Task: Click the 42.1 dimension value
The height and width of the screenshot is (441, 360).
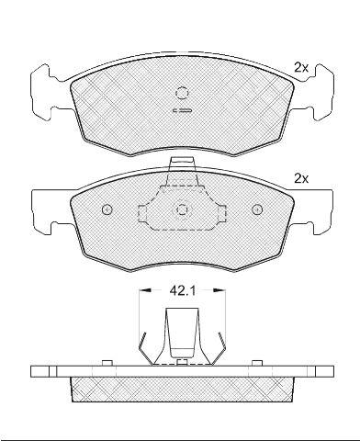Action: point(183,290)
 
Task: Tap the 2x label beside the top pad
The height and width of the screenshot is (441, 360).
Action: point(301,67)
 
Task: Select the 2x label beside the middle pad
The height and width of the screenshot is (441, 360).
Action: point(301,178)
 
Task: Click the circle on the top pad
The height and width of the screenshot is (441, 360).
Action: point(182,93)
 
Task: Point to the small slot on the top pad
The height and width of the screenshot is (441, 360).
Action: point(182,110)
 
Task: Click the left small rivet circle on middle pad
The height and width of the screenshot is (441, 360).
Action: point(107,209)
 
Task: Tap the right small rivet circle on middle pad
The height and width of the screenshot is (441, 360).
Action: point(257,209)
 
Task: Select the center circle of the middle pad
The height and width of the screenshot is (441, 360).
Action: point(183,209)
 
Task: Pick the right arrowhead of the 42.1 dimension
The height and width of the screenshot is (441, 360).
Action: point(219,289)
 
